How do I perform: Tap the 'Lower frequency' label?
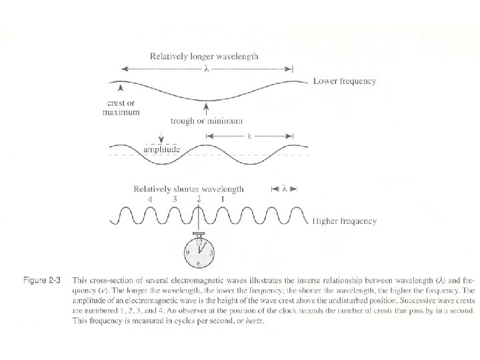pos(345,81)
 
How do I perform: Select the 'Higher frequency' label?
pos(345,221)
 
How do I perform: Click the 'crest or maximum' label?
pos(121,107)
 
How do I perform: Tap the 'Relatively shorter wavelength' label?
pos(189,189)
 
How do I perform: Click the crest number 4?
pos(150,199)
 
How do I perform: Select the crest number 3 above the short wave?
pos(175,199)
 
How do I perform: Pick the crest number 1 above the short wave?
pos(222,199)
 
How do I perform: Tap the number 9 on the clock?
pos(187,253)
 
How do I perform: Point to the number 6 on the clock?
pos(199,264)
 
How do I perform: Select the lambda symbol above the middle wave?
pos(249,136)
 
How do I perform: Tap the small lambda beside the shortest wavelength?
pos(285,189)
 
